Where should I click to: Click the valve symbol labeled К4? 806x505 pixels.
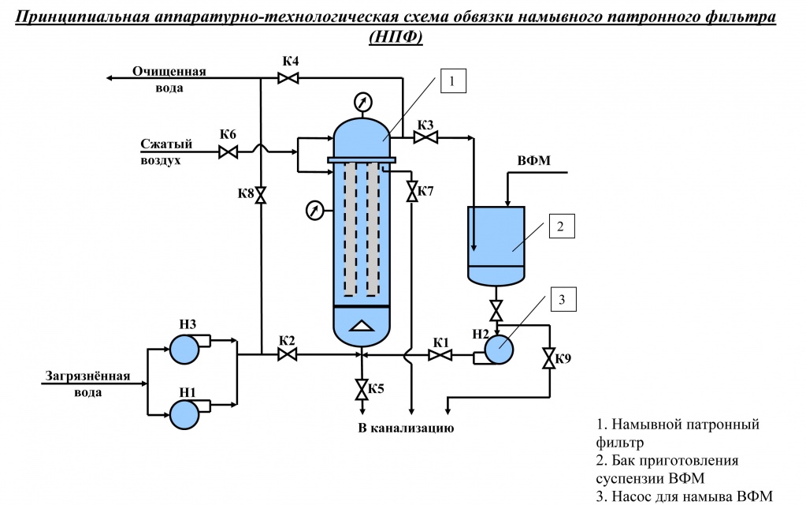coord(288,78)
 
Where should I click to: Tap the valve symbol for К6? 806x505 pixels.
coord(228,152)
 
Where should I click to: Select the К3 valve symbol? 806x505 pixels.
coord(425,137)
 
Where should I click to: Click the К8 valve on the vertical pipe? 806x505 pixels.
coord(261,195)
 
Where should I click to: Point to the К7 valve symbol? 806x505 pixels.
coord(412,192)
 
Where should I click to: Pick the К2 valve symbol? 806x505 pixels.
coord(288,354)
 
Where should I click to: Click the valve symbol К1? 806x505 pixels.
coord(440,355)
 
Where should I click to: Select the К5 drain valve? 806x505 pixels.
coord(362,390)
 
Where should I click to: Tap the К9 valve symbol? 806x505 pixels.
coord(549,358)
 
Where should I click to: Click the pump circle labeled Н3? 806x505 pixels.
coord(184,349)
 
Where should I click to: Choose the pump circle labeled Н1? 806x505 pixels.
coord(184,414)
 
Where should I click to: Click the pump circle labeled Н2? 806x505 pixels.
coord(499,350)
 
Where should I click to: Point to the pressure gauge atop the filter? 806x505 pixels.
coord(363,102)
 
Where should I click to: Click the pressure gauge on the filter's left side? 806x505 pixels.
coord(314,211)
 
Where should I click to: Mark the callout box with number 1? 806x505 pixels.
coord(453,80)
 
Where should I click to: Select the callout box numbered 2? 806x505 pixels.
coord(561,226)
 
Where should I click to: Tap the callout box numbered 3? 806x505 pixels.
coord(563,299)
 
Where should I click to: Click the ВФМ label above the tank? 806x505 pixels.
coord(533,161)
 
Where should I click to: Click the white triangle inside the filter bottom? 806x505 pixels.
coord(362,326)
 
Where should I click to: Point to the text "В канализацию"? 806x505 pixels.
coord(406,428)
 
